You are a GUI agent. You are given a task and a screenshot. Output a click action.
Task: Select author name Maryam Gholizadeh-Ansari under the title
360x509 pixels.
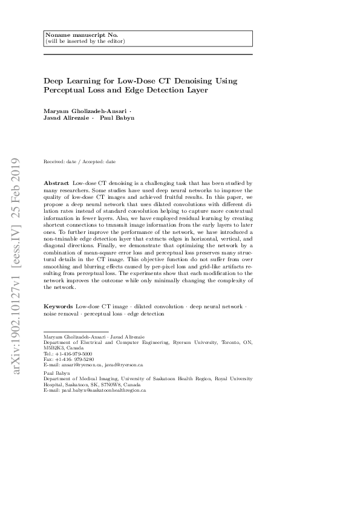[85, 111]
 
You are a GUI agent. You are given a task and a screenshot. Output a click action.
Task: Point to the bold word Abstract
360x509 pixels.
[56, 182]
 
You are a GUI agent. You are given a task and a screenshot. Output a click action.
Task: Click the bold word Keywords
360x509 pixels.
[59, 307]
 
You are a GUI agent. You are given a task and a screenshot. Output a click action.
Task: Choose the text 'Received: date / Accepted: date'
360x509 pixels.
[80, 161]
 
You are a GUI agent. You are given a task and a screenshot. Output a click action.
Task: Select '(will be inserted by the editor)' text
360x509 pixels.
[85, 41]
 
